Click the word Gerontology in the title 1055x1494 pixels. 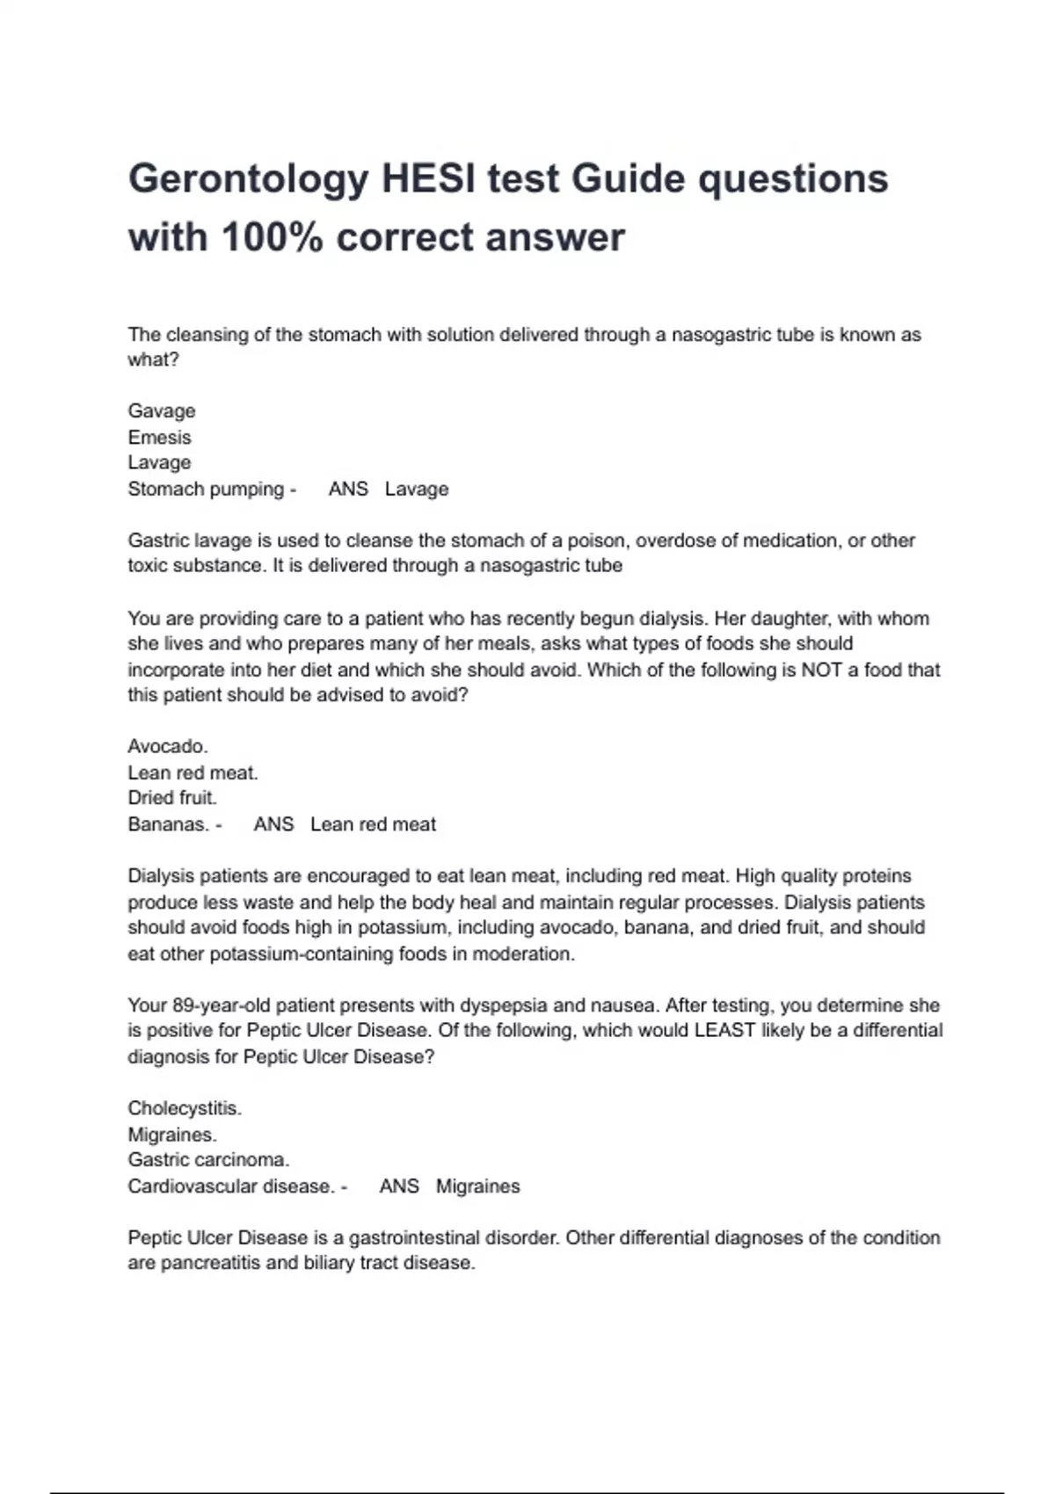click(247, 179)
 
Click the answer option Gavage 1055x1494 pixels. click(162, 411)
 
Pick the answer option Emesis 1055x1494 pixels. click(159, 437)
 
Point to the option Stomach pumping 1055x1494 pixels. click(206, 489)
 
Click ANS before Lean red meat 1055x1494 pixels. click(273, 824)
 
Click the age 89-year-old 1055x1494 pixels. click(218, 1005)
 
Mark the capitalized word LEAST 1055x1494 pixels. click(724, 1031)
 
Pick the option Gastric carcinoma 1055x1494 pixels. click(208, 1160)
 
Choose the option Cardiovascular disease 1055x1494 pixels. click(230, 1186)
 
